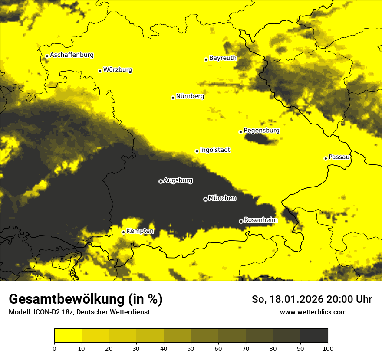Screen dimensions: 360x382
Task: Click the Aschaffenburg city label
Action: (x=72, y=55)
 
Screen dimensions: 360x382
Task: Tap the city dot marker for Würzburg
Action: (x=100, y=71)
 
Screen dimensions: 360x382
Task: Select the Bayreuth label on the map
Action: (x=223, y=58)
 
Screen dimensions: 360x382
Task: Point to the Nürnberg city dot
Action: (x=173, y=98)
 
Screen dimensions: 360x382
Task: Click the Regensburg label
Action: (x=261, y=130)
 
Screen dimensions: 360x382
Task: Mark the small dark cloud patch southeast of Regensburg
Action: (x=259, y=139)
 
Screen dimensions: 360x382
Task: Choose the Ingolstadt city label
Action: (x=215, y=150)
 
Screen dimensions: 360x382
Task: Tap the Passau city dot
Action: (x=326, y=158)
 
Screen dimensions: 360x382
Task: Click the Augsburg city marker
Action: (x=161, y=181)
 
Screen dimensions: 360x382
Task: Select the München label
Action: (x=222, y=198)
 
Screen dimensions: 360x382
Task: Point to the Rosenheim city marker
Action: (x=241, y=221)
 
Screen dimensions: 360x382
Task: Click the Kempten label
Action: (x=140, y=231)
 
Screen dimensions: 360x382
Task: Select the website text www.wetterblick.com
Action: (x=313, y=312)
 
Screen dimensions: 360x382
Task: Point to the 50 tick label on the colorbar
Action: (x=191, y=348)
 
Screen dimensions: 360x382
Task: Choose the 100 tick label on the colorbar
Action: (x=328, y=348)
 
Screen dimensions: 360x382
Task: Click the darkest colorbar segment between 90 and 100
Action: (x=314, y=336)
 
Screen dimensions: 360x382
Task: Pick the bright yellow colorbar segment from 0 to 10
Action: (x=68, y=336)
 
